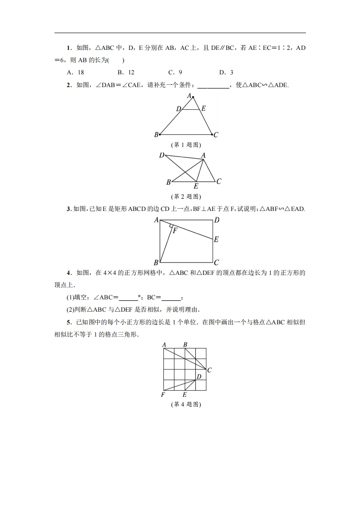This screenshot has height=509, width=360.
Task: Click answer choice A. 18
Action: point(75,72)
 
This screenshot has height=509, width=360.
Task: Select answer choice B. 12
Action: point(126,72)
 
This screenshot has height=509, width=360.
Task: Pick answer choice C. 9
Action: point(175,72)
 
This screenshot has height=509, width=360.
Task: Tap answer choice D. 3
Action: point(226,72)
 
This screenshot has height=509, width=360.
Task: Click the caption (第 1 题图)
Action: point(186,145)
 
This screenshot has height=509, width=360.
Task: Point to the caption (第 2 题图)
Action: point(186,196)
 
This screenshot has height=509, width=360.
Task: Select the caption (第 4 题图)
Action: point(186,405)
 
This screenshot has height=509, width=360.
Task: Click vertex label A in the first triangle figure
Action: point(190,95)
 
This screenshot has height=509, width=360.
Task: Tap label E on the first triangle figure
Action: point(203,108)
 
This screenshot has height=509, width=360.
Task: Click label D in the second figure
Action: point(162,156)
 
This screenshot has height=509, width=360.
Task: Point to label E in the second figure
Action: point(196,186)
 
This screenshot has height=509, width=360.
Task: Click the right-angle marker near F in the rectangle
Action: point(171,225)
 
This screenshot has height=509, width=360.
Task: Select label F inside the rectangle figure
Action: point(175,230)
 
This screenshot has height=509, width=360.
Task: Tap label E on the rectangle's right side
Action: point(216,239)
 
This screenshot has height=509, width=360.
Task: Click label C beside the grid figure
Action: point(209,370)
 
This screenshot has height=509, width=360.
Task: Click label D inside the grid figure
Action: point(199,377)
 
